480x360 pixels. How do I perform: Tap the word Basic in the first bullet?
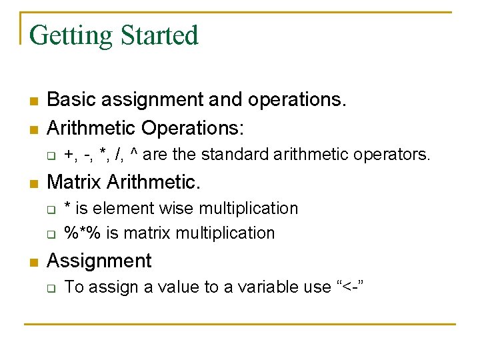click(x=69, y=100)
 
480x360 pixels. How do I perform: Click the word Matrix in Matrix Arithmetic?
click(x=74, y=181)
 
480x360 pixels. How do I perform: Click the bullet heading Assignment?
click(x=99, y=261)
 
